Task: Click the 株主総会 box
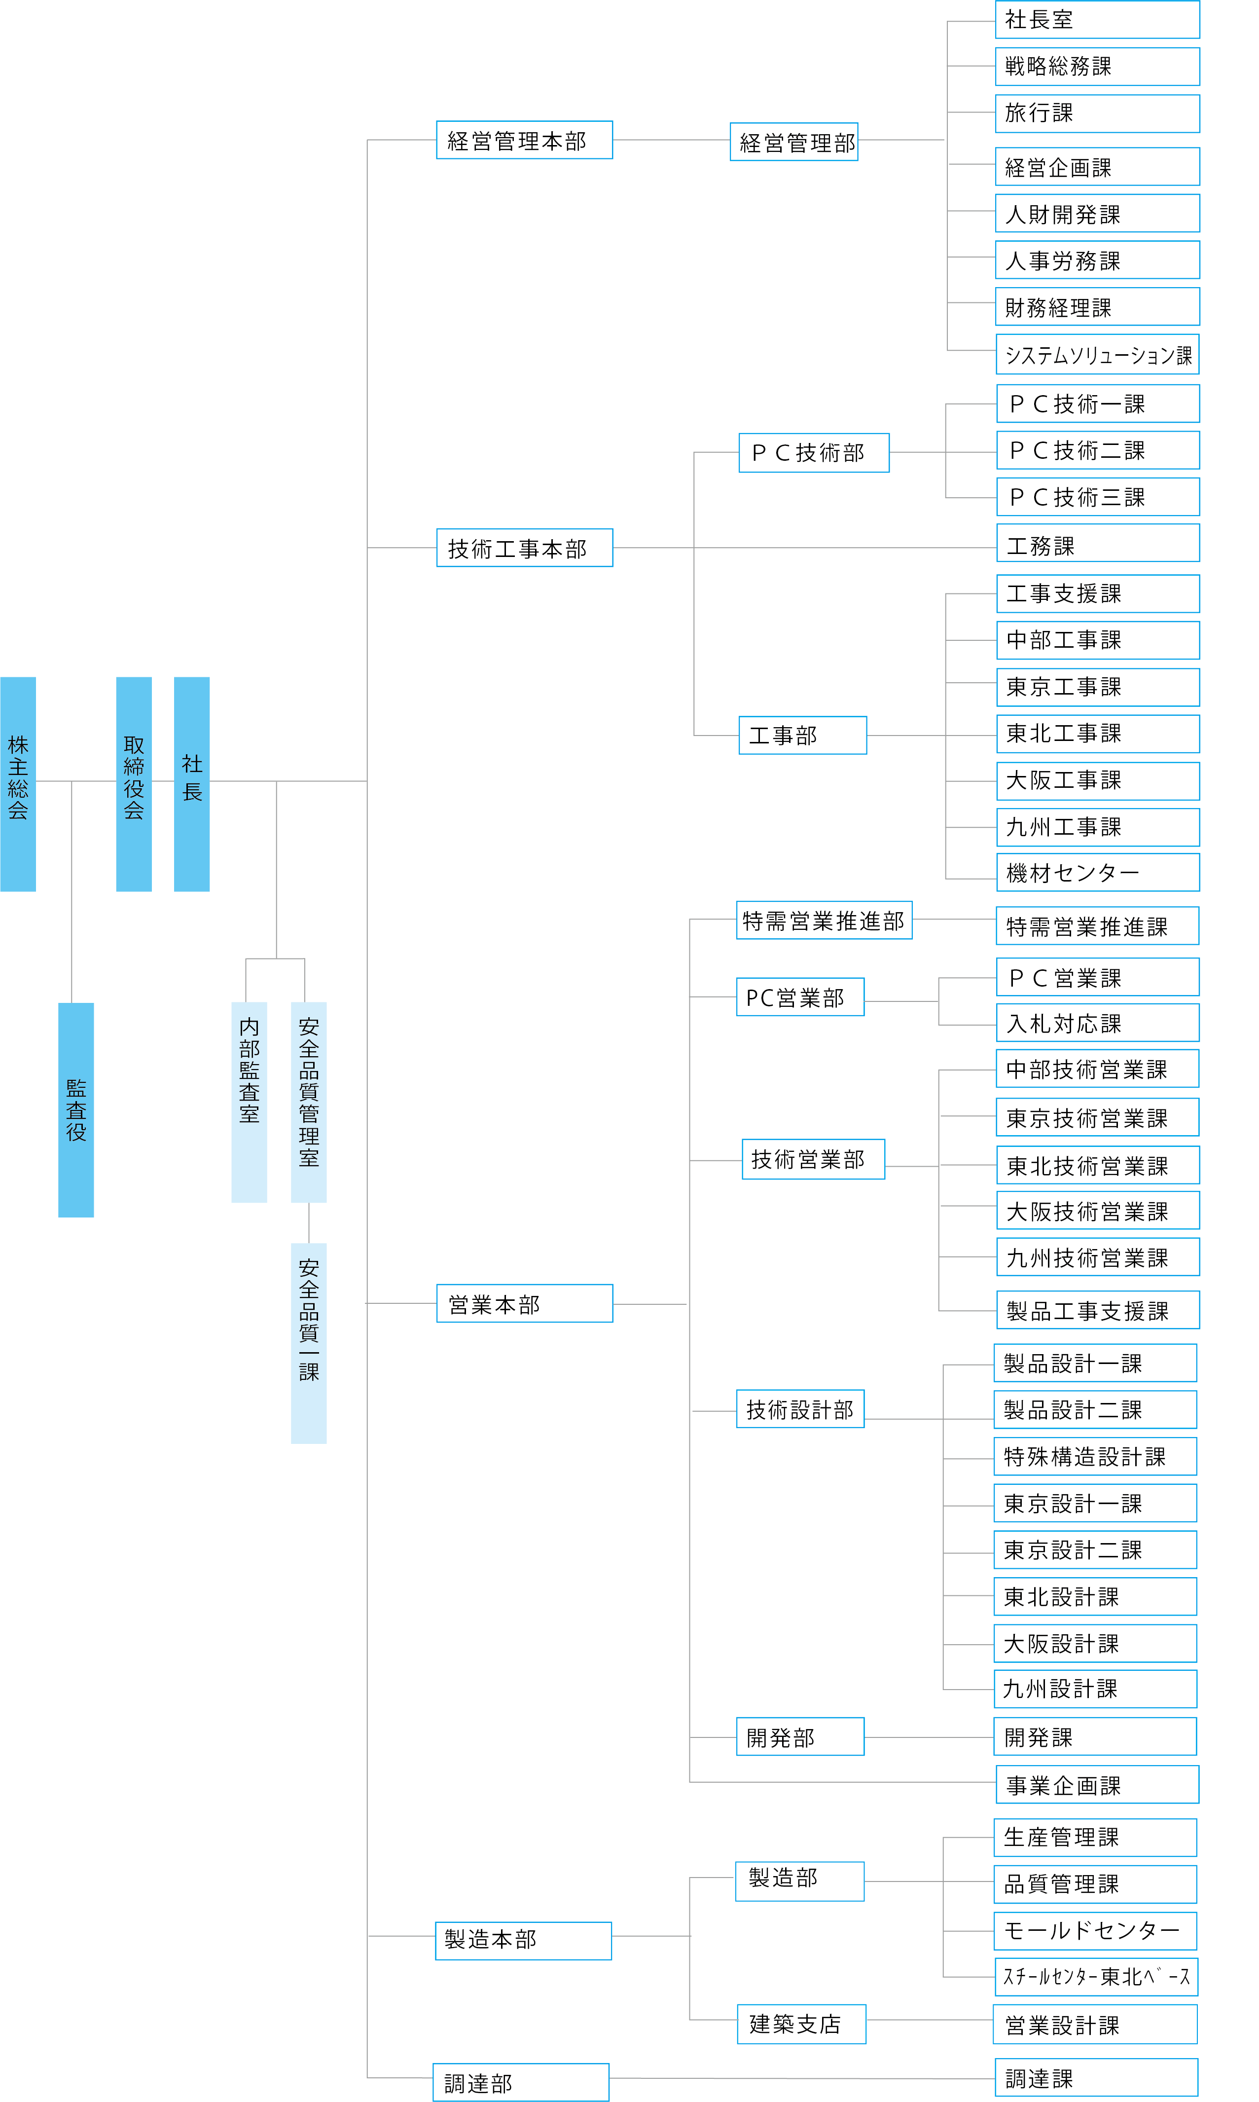click(18, 783)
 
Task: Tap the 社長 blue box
click(192, 783)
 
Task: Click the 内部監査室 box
click(249, 1102)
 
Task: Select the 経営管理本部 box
click(524, 140)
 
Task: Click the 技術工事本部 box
click(524, 548)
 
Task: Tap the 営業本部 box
click(524, 1303)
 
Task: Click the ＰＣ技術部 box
click(814, 452)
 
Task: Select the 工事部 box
click(802, 735)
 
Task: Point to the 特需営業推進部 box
click(824, 920)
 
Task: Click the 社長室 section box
click(1097, 20)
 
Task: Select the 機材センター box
click(1098, 872)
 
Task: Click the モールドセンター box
click(1095, 1931)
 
